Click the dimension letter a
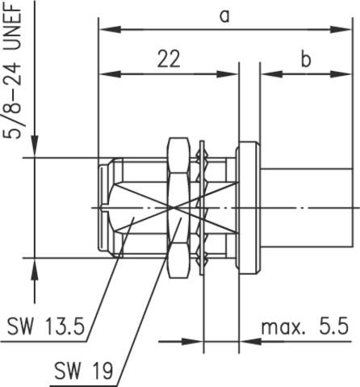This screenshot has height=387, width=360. point(224,16)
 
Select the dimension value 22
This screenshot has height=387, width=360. point(169,59)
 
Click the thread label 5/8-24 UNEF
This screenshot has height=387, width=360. point(12,70)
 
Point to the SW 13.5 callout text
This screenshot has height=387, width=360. point(46,327)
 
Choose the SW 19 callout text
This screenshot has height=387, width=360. point(84,371)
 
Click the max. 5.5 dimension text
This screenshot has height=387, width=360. point(305,327)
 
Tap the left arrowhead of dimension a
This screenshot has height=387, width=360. point(110,29)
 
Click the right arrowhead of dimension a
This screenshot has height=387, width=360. point(341,29)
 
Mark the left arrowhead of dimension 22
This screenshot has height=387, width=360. point(110,74)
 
